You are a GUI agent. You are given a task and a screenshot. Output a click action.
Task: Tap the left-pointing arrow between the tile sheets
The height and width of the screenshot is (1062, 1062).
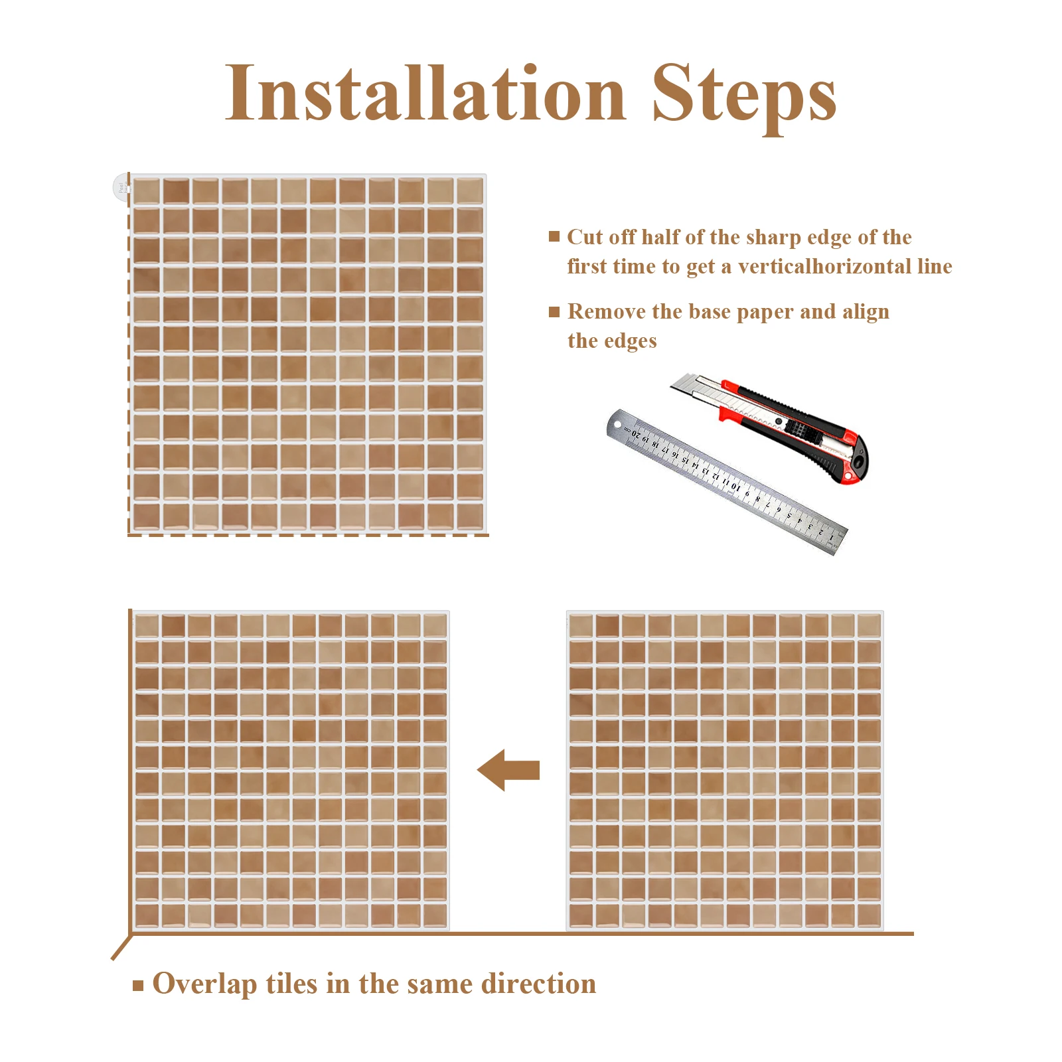coord(508,770)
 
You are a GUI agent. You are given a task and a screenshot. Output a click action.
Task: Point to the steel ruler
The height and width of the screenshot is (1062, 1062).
coord(726,481)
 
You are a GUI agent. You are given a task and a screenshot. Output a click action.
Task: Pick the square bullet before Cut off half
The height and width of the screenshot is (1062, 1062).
coord(554,236)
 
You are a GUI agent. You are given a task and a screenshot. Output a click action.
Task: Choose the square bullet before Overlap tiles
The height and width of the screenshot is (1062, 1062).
coord(138,986)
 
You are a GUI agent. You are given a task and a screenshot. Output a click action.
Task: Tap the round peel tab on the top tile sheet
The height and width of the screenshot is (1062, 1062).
coord(121,188)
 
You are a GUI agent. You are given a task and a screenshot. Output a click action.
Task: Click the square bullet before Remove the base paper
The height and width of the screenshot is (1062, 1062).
coord(554,312)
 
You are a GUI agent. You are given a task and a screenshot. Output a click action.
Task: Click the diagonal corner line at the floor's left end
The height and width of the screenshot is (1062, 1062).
coord(121,947)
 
